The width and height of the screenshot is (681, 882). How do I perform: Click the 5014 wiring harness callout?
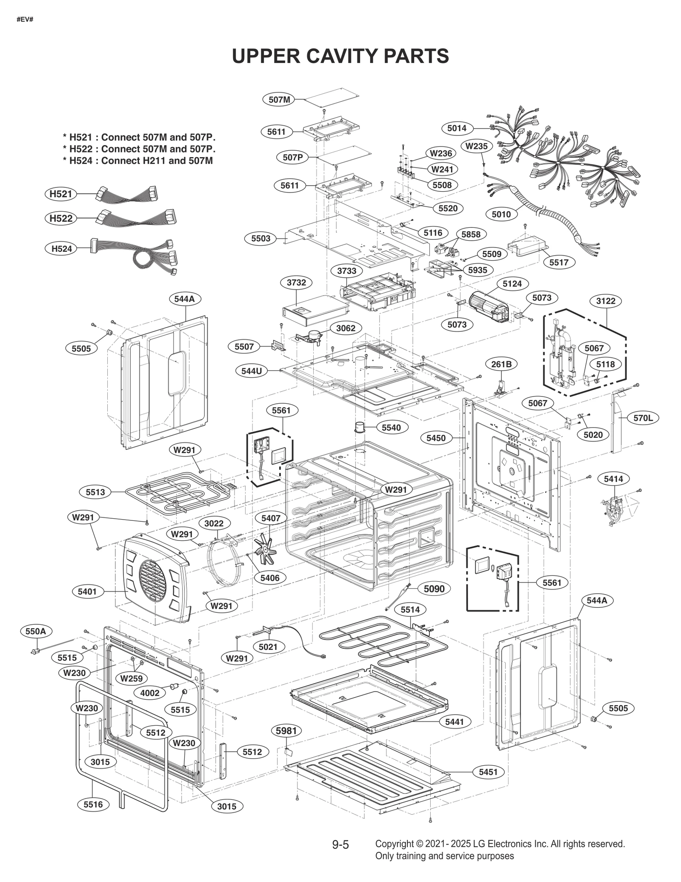pos(457,128)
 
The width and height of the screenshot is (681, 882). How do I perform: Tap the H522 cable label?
pos(61,218)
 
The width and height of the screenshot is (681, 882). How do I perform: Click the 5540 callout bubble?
pos(391,428)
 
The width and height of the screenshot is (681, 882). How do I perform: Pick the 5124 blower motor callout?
pos(512,284)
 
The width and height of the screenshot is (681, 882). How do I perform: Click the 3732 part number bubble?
pos(296,282)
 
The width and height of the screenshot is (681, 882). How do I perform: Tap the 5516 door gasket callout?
pos(93,804)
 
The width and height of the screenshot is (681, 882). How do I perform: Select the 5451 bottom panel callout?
pos(488,772)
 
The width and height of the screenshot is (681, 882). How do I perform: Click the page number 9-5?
pos(340,845)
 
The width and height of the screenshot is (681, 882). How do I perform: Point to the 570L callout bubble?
pos(643,418)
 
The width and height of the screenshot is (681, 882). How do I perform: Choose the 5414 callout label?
pos(613,479)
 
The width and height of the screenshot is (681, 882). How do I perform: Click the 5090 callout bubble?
pos(434,589)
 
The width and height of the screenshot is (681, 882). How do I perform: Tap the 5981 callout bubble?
pos(286,731)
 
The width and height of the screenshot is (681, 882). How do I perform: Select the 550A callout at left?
pos(36,631)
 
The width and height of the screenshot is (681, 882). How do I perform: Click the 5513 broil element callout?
pos(95,492)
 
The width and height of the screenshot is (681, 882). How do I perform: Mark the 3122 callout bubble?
pos(606,301)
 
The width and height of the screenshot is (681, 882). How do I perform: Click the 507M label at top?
pos(279,100)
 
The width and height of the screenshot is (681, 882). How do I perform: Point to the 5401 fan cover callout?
pos(87,592)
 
